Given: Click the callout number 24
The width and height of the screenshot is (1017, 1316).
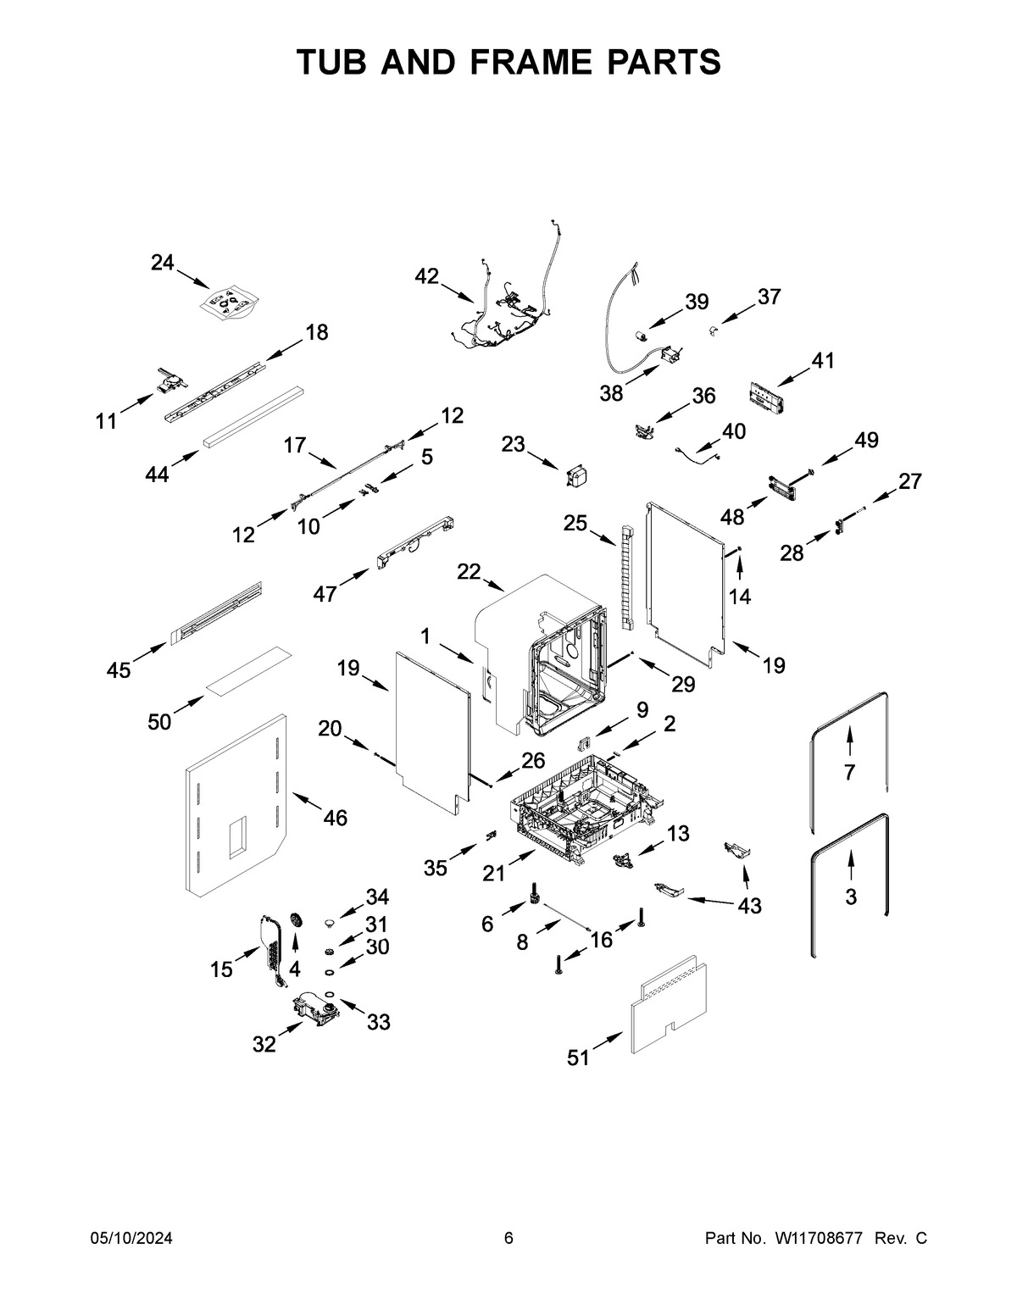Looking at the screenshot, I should pyautogui.click(x=162, y=263).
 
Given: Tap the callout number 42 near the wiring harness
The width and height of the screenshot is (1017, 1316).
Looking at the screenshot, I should pyautogui.click(x=427, y=276).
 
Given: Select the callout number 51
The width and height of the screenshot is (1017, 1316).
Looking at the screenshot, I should pyautogui.click(x=578, y=1058).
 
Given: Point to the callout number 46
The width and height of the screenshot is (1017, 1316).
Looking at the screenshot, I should pyautogui.click(x=336, y=818).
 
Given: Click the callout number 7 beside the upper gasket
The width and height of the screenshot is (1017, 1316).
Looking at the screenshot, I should pyautogui.click(x=849, y=772).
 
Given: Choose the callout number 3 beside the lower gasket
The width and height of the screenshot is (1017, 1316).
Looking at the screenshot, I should pyautogui.click(x=851, y=896).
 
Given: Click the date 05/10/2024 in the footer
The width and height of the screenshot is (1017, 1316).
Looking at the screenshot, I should pyautogui.click(x=131, y=1239).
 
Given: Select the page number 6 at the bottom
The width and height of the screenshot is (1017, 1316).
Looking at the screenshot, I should pyautogui.click(x=508, y=1239).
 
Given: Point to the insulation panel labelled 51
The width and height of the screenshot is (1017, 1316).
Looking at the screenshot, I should pyautogui.click(x=670, y=1008).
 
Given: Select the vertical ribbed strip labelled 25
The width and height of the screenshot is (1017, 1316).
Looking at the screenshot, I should pyautogui.click(x=626, y=576).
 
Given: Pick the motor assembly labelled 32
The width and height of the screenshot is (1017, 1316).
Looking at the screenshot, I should pyautogui.click(x=315, y=1011).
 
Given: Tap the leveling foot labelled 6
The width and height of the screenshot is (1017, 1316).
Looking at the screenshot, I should pyautogui.click(x=536, y=894).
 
